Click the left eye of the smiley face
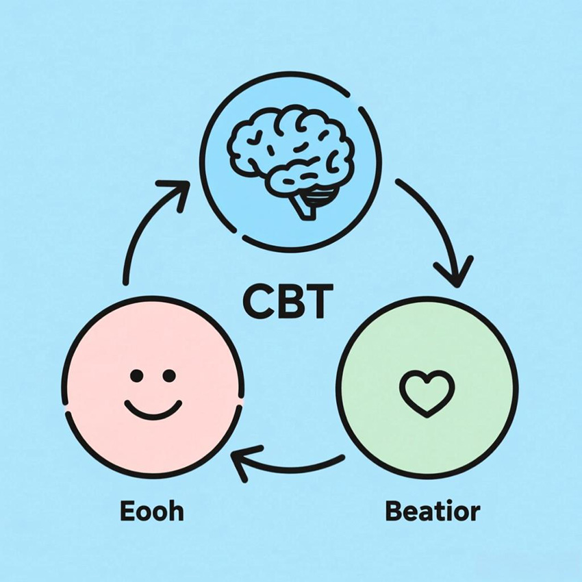click(x=136, y=375)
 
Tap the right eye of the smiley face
click(x=169, y=375)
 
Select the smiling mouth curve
click(x=153, y=409)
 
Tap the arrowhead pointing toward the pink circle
click(x=242, y=461)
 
